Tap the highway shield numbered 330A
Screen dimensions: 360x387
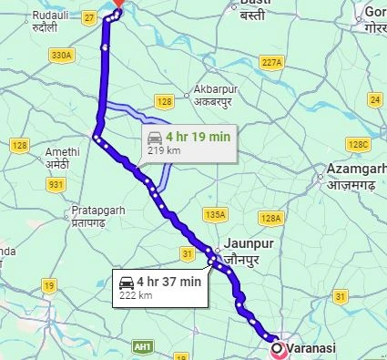pos(62,56)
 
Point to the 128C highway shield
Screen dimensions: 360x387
pos(360,144)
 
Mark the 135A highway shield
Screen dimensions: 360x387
pos(215,215)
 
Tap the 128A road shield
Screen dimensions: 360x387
pos(270,219)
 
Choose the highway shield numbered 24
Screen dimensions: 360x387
pos(374,98)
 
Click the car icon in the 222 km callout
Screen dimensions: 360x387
pos(127,280)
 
